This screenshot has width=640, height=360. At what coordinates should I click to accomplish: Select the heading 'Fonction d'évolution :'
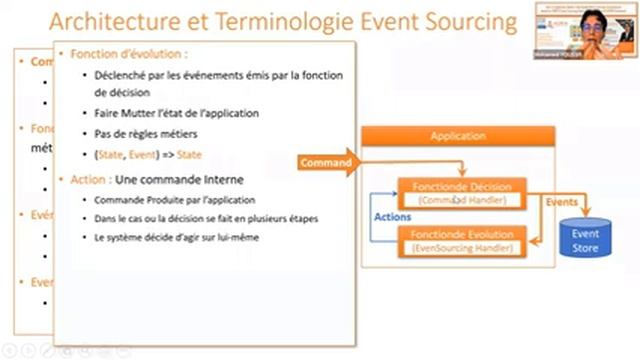127,54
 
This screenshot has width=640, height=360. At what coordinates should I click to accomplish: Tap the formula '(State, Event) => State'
148,155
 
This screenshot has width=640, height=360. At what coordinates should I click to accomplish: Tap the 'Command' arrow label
326,162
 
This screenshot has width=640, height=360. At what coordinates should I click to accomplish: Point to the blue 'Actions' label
391,216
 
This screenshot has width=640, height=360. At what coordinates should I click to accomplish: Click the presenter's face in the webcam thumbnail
593,27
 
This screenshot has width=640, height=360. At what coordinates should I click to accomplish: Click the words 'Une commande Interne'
167,179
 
